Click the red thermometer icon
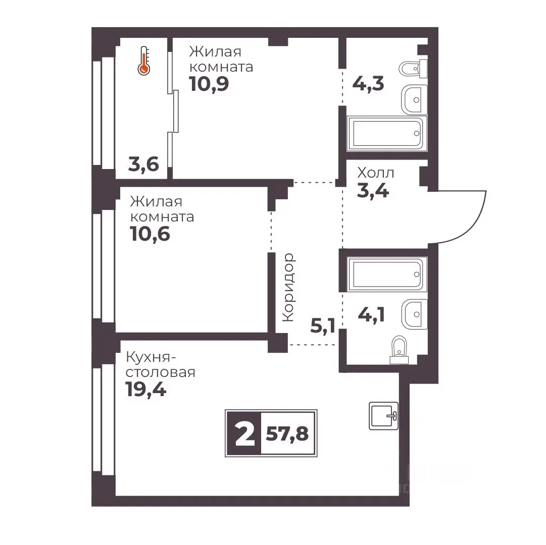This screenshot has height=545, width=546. pos(144,61)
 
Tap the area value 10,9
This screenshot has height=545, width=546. pos(209,84)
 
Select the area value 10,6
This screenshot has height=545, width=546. pos(150,234)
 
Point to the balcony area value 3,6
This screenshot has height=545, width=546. pos(143,164)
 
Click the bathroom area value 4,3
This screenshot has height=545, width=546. pos(368,84)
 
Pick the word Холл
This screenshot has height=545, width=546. pos(375,173)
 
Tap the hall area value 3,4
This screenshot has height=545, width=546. pos(373,191)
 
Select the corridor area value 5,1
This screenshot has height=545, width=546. pos(323,326)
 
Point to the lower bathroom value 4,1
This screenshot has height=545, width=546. pos(371,315)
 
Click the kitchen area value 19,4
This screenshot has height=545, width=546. pos(146,390)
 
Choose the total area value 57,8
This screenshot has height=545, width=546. pos(287,434)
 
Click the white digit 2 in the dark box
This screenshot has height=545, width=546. pos(245,434)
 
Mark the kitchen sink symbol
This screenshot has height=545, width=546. pos(383,416)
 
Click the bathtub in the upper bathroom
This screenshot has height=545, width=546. pos(387,134)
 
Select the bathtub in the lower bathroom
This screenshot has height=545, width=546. pos(387,274)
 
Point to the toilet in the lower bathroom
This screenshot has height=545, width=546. pos(399,350)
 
